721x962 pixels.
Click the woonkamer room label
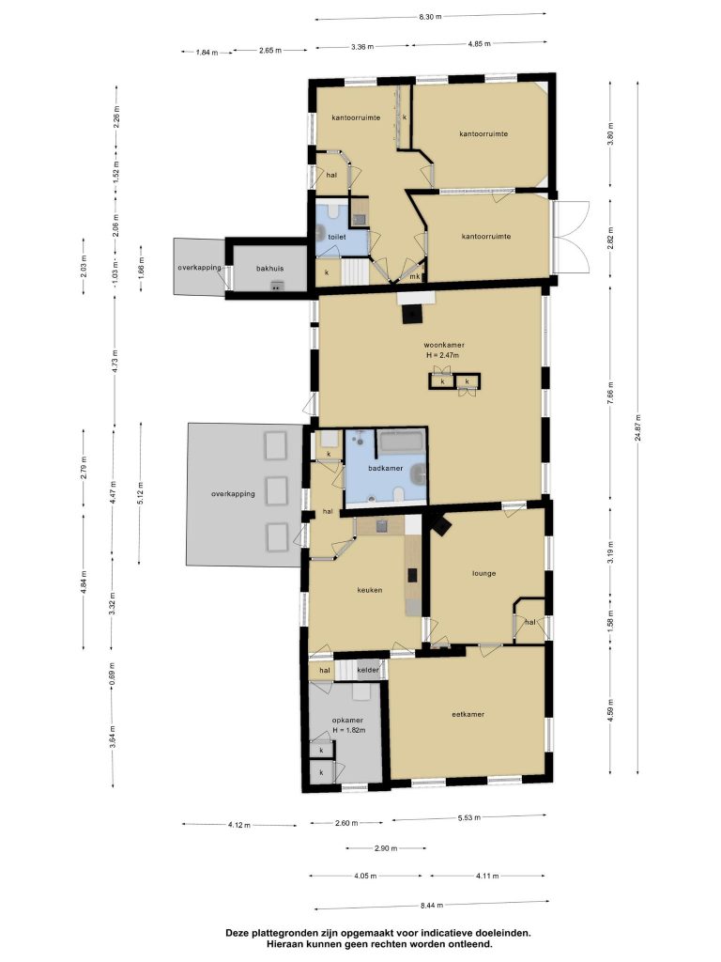(444, 346)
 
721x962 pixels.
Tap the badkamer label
(386, 468)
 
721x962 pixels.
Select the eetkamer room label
(468, 714)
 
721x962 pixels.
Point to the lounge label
(483, 574)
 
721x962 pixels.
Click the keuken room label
(370, 590)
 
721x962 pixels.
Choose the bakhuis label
(269, 268)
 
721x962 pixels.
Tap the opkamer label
(347, 721)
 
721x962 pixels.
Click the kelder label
(368, 670)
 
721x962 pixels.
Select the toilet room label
(337, 237)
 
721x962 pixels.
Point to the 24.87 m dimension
(638, 427)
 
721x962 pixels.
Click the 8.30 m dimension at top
(430, 17)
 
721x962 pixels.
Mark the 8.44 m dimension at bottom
(432, 905)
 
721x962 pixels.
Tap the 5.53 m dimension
(469, 817)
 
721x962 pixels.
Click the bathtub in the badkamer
(400, 442)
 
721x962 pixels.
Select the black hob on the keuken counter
(413, 576)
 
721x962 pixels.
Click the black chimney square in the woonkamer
(411, 315)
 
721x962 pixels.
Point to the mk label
(415, 277)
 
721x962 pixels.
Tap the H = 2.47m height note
(443, 354)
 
